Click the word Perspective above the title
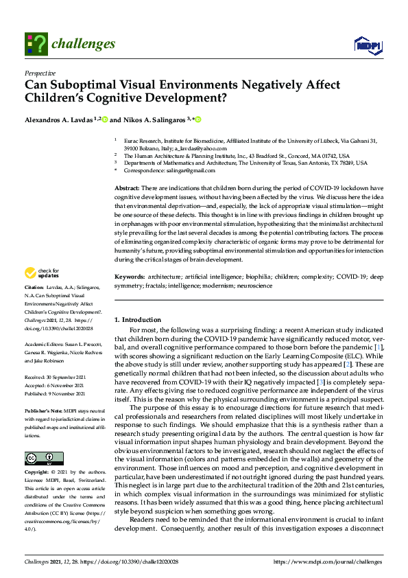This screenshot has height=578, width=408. (x=40, y=72)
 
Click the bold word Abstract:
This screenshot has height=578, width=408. (x=127, y=188)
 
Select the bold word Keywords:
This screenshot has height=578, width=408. (x=130, y=277)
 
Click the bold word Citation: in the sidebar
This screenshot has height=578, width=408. (x=34, y=286)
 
